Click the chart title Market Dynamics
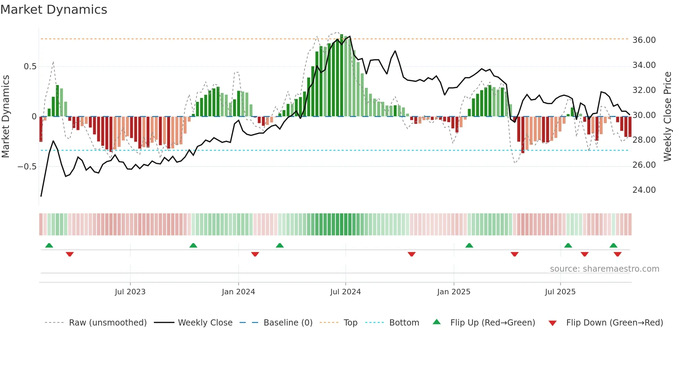point(54,10)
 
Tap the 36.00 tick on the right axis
point(644,40)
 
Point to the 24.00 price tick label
point(644,190)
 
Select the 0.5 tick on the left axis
point(30,67)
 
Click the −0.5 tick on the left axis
point(27,167)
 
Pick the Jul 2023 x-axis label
point(130,292)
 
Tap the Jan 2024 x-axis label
point(238,292)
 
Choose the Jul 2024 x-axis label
point(345,292)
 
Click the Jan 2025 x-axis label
point(454,292)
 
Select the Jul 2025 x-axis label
point(560,292)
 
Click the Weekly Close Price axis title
point(667,117)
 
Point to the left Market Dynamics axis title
point(5,117)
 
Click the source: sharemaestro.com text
point(604,269)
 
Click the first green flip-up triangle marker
point(49,245)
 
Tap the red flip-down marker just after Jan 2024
point(255,254)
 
